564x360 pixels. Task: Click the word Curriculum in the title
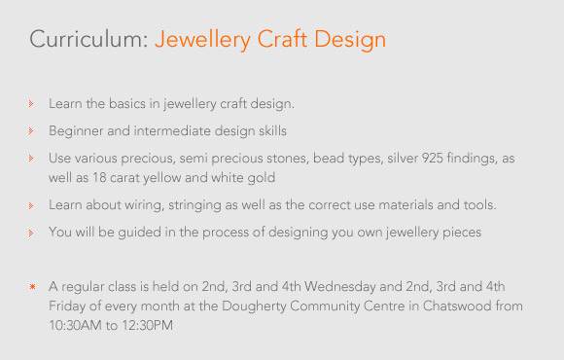[88, 39]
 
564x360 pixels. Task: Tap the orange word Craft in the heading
[282, 39]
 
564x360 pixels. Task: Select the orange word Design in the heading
[350, 40]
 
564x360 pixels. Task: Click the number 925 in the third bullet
[432, 158]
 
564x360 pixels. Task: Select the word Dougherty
[254, 306]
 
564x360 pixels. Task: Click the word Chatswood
[457, 306]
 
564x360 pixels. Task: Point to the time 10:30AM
[76, 325]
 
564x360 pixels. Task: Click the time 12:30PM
[147, 325]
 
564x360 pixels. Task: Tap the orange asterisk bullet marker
[32, 287]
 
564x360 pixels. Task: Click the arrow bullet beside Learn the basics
[31, 104]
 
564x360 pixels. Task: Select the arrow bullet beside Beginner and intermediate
[31, 131]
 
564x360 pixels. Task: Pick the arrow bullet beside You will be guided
[31, 233]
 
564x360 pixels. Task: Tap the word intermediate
[172, 130]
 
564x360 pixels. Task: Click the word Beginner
[76, 131]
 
